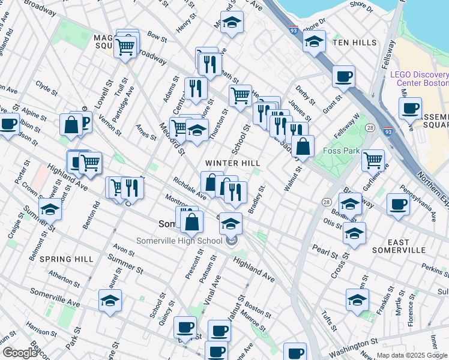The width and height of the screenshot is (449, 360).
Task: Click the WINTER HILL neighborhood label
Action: [x=233, y=163]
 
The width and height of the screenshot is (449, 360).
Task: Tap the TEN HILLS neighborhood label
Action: [x=355, y=43]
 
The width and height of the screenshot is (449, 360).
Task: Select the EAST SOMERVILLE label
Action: [x=399, y=246]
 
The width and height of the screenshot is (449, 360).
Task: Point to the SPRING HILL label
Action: [x=66, y=259]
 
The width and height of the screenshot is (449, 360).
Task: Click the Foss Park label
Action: [x=341, y=151]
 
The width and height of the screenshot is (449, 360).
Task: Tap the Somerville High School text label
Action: [x=171, y=241]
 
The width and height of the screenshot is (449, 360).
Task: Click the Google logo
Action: [x=19, y=353]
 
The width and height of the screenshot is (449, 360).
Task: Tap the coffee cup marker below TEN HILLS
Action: [x=343, y=76]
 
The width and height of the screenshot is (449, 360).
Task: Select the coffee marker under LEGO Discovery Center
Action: [x=411, y=108]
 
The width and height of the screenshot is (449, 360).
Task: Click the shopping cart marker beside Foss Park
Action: [x=373, y=160]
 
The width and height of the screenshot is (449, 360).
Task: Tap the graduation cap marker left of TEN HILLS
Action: [x=314, y=41]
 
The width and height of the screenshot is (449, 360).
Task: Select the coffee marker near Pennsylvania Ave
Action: [x=398, y=204]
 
